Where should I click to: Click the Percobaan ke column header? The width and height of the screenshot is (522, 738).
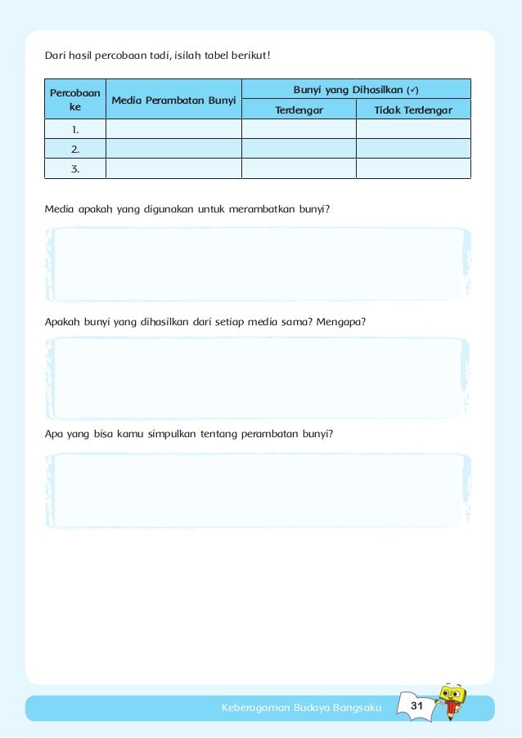coord(75,99)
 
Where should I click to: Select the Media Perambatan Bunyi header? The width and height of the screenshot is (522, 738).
coord(173,100)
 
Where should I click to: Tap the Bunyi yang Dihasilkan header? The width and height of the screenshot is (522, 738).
coord(356,88)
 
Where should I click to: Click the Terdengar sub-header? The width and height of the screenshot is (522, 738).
coord(299,110)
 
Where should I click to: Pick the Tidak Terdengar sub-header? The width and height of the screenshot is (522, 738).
coord(413,110)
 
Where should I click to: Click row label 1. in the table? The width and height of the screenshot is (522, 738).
coord(75,129)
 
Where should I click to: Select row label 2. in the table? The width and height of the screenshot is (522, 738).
coord(75,149)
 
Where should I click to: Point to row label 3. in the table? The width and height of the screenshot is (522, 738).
coord(75,168)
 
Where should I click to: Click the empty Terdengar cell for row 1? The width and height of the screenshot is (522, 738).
coord(299,129)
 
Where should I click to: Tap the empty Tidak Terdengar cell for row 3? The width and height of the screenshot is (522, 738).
coord(413,168)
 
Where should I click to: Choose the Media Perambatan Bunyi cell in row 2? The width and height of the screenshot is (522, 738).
coord(173,149)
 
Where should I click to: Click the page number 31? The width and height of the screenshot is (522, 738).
coord(416,705)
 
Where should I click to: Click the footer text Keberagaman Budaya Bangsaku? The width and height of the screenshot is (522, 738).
coord(302,707)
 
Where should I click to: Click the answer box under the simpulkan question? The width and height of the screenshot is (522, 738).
coord(259,490)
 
